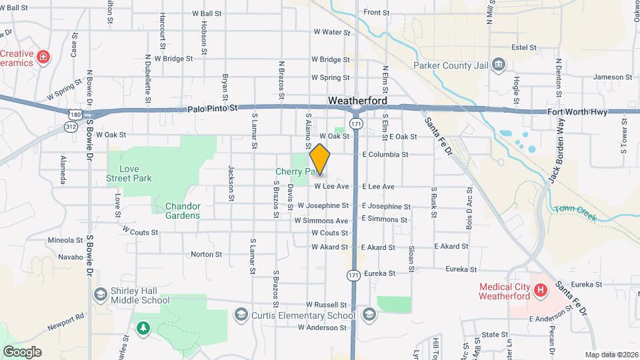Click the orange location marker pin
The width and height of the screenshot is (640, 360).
pos(320,159)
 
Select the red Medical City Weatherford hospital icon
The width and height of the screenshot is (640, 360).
pos(540,291)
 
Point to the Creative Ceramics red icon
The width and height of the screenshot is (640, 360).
pos(43,57)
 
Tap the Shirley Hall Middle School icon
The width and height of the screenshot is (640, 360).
pos(100,295)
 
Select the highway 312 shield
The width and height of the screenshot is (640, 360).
pos(71,125)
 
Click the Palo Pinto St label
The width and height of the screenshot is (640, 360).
pos(213,108)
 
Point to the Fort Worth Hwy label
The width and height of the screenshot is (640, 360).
pos(577,112)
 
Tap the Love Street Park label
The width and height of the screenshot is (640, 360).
pos(129,173)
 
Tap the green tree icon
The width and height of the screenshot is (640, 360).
pos(143,327)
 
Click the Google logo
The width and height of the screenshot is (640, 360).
pos(22,352)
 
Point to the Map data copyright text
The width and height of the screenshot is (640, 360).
pos(611,355)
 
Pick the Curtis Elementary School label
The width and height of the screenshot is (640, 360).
pos(303,315)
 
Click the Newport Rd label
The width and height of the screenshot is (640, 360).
pos(66,323)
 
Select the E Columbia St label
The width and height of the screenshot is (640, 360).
pos(385,155)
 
